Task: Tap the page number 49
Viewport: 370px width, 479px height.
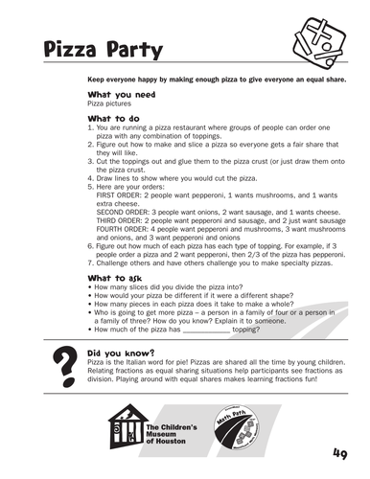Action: pyautogui.click(x=341, y=453)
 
